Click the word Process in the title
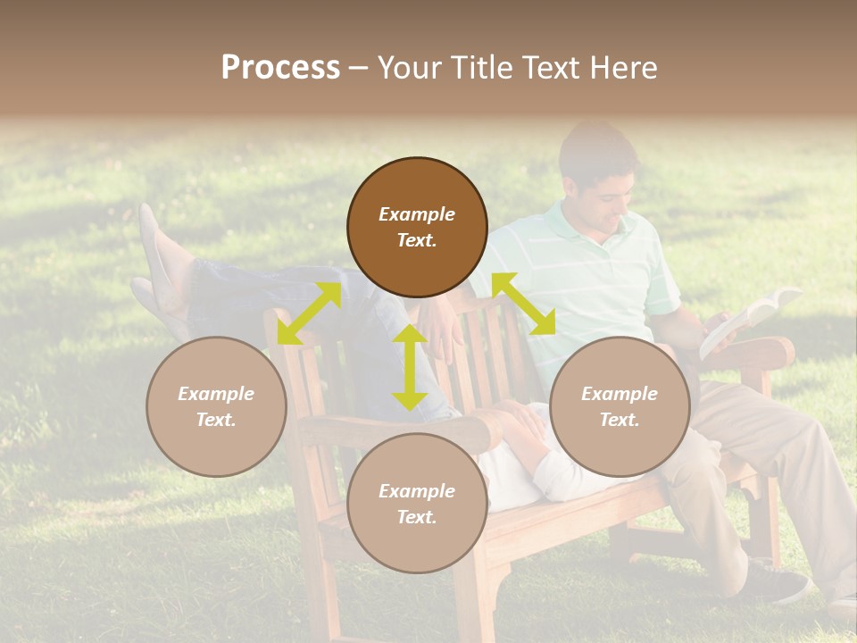(280, 68)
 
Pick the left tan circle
(216, 406)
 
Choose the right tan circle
(620, 406)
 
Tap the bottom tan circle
(417, 503)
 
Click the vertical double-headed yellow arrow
(410, 367)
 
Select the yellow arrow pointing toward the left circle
(309, 313)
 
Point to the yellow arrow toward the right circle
(524, 304)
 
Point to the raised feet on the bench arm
(161, 263)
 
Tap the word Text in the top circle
(416, 240)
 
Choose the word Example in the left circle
(216, 394)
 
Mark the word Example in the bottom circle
(417, 490)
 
